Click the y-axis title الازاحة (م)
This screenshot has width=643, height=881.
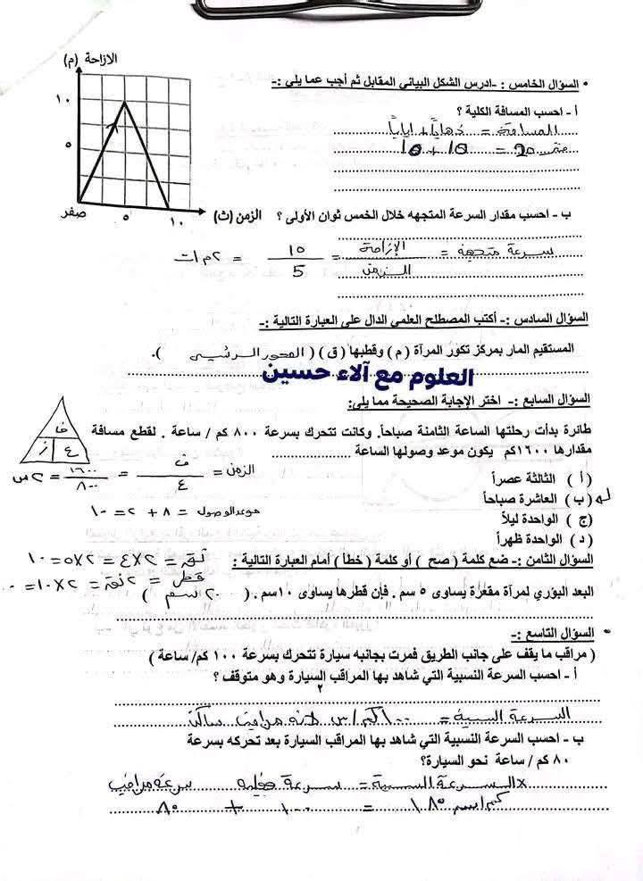[93, 60]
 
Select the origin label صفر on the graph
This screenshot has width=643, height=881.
[73, 214]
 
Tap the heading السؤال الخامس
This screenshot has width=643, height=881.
[541, 84]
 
